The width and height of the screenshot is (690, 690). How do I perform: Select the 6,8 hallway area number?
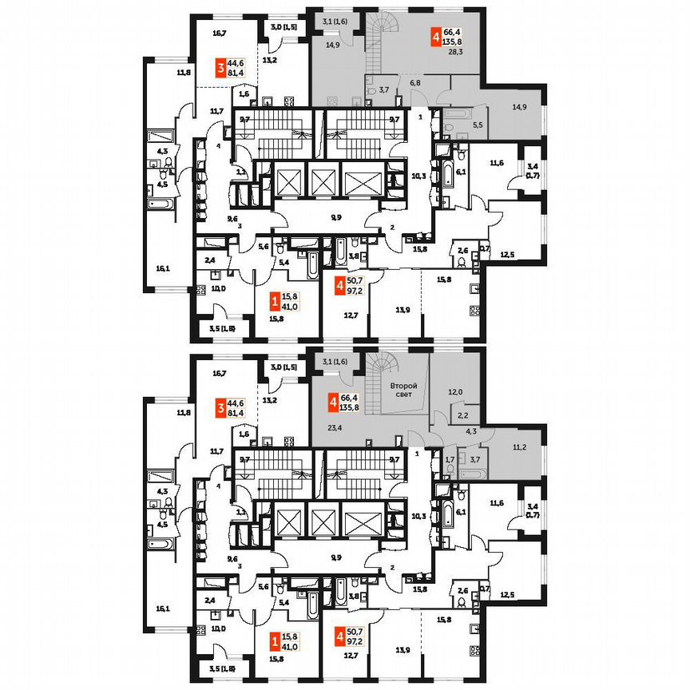pos(415,82)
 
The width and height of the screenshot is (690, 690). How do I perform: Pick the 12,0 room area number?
pos(455,391)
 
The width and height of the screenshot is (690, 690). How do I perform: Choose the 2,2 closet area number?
pos(463,416)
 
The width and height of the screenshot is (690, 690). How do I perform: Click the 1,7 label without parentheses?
pos(449,459)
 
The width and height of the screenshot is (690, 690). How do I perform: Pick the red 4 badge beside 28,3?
pos(435,37)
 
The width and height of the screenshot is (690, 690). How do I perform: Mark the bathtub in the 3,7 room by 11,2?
pos(471,472)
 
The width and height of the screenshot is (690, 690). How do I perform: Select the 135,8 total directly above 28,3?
pos(455,43)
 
